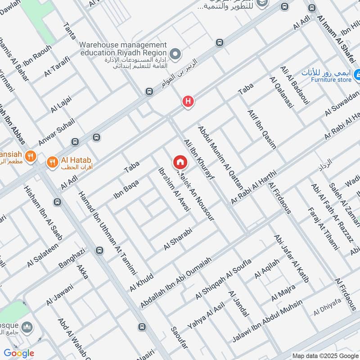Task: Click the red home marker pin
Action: coord(180,162)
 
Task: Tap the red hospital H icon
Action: coord(188,102)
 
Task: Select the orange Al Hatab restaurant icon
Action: coord(53,161)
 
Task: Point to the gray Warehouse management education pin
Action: coord(176,55)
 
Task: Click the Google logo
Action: coord(19,353)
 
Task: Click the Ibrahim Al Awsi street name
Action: coord(174,189)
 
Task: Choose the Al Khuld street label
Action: coord(141,281)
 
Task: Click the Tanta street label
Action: coord(70,32)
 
